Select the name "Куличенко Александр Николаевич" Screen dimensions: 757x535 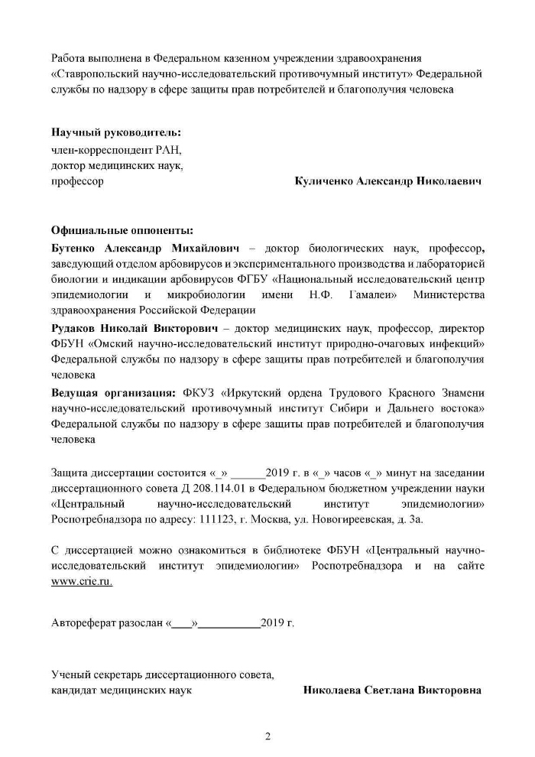[x=387, y=182]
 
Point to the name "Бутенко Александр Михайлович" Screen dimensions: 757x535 [x=145, y=249]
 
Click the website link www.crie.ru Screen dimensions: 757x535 [x=82, y=582]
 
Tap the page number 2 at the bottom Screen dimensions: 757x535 [x=267, y=737]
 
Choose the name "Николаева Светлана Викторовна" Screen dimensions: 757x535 [x=392, y=690]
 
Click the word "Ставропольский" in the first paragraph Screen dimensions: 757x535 [x=95, y=74]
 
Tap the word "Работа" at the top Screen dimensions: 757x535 [x=68, y=57]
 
